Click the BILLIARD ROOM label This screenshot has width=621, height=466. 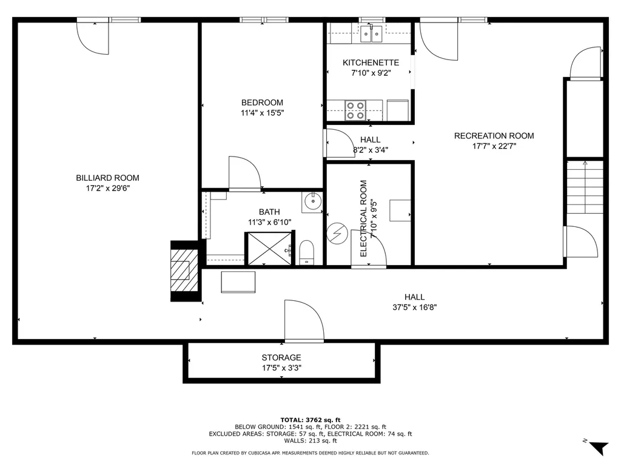tap(107, 178)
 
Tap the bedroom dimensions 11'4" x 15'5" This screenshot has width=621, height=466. tap(262, 112)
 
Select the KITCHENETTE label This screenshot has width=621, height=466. tap(371, 62)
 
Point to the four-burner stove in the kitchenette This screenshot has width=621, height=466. tap(355, 110)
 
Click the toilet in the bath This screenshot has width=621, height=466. tap(306, 252)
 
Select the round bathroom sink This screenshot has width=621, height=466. tap(313, 202)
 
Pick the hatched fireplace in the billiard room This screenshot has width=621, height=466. tap(183, 271)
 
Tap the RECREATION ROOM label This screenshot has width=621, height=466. tap(494, 136)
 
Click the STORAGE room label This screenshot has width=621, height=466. tap(281, 357)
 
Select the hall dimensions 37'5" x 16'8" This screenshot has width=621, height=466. tap(415, 307)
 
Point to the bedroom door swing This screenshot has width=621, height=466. tap(244, 174)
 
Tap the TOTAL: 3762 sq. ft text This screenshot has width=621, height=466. tap(310, 420)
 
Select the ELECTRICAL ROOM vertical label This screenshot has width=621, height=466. tap(364, 218)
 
